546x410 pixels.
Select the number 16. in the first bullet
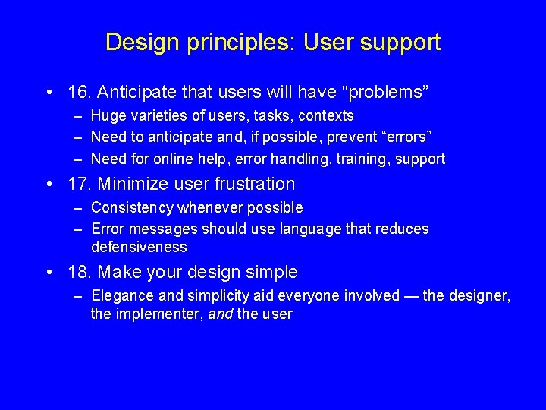point(80,93)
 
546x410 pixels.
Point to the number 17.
point(80,184)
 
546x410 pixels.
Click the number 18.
point(80,272)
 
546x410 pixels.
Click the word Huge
point(108,116)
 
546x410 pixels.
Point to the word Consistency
point(132,207)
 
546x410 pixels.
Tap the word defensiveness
point(139,248)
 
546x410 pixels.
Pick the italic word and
point(219,314)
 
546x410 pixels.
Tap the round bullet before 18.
point(49,273)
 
